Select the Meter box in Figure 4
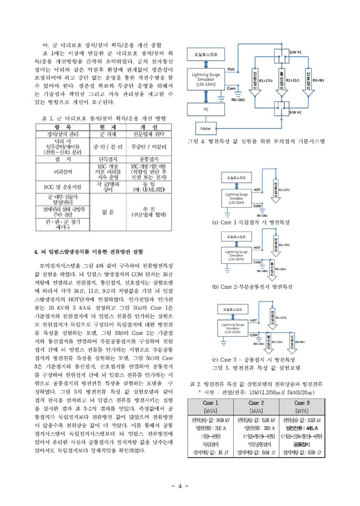206,128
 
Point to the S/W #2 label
295,113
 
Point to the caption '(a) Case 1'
244,222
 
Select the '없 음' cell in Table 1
109,212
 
